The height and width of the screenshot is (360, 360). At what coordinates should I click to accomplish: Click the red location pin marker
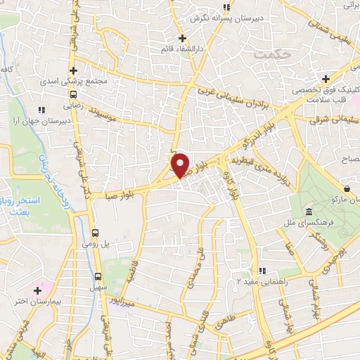(x=181, y=165)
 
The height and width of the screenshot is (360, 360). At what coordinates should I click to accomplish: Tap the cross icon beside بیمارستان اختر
(x=37, y=290)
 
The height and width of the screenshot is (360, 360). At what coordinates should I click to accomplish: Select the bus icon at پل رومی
(x=97, y=233)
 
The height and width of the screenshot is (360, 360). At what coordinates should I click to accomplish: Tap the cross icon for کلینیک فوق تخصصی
(x=325, y=79)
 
